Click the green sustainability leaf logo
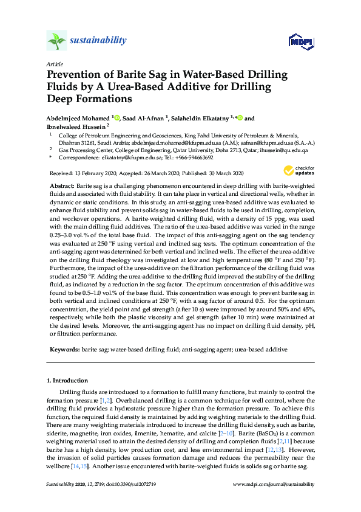(56, 41)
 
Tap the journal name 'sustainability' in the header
(98, 41)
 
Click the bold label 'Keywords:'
(63, 350)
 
